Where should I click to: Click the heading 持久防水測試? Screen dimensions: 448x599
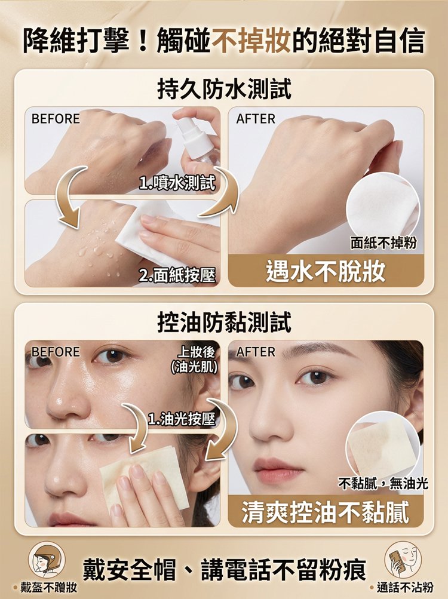tap(225, 88)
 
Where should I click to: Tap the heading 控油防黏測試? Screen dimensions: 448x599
tap(225, 322)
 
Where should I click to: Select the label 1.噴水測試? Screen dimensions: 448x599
tap(177, 183)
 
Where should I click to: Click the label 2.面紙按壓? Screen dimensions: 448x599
tap(177, 275)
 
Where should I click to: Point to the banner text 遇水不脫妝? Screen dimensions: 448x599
tap(326, 271)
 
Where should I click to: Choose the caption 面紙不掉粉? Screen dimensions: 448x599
tap(383, 242)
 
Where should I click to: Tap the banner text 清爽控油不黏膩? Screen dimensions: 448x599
tap(326, 512)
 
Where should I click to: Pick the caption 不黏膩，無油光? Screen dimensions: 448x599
tap(383, 484)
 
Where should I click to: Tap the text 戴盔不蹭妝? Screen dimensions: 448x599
tap(48, 587)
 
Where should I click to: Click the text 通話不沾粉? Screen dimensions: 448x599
tap(405, 587)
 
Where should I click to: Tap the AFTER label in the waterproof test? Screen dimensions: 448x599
tap(256, 119)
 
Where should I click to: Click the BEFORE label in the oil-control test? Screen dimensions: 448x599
tap(56, 351)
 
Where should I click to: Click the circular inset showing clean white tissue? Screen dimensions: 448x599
tap(383, 209)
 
